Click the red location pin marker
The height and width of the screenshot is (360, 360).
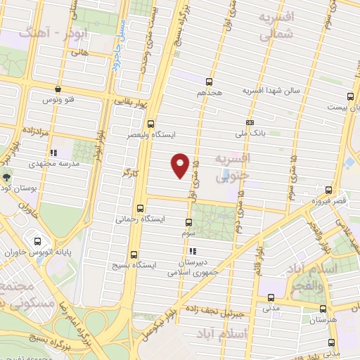coord(181,165)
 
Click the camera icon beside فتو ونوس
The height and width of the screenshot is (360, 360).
coord(57,89)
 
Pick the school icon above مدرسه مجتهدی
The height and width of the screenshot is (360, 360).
coord(53,152)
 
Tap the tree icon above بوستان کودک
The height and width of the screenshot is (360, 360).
coord(7,178)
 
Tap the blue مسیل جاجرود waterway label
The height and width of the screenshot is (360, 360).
coord(117,49)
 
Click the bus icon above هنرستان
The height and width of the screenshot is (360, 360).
coord(326,309)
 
